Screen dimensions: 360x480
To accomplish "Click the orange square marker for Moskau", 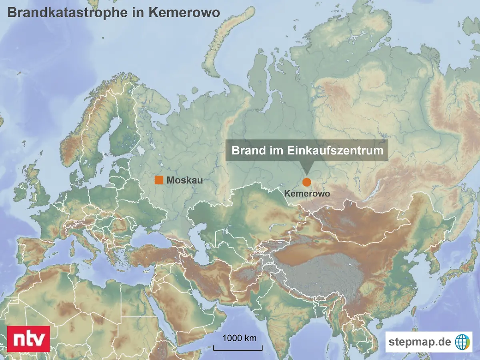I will tap(159, 180).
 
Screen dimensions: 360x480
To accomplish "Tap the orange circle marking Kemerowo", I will tap(306, 182).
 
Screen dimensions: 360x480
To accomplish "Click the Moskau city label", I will tap(184, 180).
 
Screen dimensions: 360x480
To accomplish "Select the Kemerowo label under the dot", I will tap(307, 194).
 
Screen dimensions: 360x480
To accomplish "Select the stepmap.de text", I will tap(420, 342).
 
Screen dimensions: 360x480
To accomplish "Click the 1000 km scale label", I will tap(239, 338).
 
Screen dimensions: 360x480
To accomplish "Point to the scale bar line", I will tap(238, 350).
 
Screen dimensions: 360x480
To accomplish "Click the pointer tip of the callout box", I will tap(306, 173).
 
